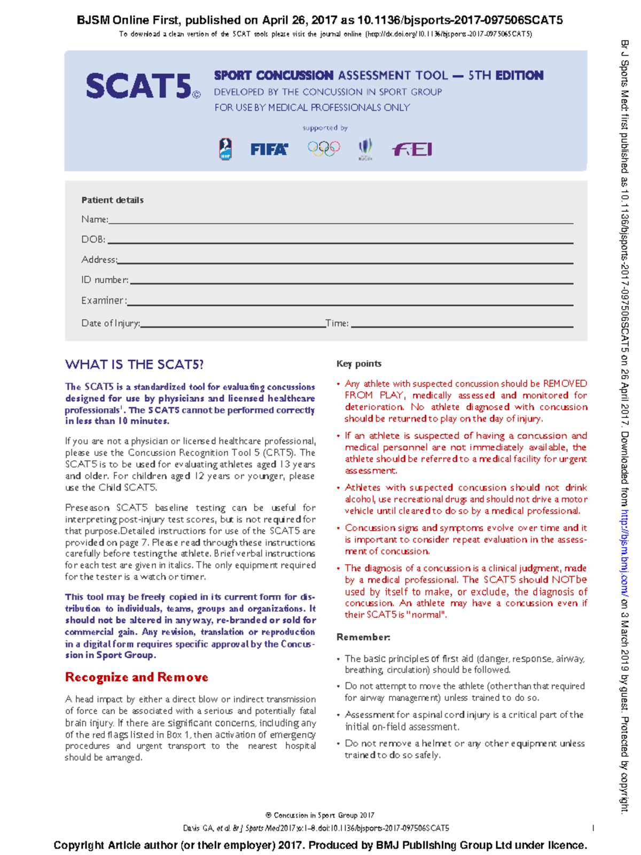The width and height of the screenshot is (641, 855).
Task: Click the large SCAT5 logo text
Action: [x=139, y=86]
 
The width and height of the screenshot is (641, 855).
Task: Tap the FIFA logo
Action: [x=269, y=149]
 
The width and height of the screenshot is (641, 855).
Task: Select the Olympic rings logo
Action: [x=324, y=148]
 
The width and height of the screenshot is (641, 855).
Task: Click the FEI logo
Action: [x=412, y=149]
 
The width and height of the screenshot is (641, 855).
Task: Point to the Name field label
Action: [x=95, y=219]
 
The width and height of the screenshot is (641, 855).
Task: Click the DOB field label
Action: [x=93, y=239]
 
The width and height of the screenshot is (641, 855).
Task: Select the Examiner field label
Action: [x=104, y=300]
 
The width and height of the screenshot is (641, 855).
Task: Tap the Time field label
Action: [x=337, y=323]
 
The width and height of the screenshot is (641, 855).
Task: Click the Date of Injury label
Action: [x=110, y=323]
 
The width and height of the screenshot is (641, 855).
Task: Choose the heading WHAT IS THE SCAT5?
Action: [x=134, y=364]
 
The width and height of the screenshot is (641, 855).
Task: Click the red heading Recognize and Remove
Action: [x=136, y=677]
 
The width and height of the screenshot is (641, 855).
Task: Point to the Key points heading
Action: [x=358, y=363]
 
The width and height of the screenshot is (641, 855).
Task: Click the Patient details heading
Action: [x=112, y=200]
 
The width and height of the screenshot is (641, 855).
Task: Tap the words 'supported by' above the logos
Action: [x=325, y=128]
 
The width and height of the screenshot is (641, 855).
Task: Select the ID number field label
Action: [x=105, y=279]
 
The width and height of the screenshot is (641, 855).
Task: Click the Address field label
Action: [x=99, y=260]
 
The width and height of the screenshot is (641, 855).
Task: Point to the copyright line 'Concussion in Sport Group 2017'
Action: [x=320, y=815]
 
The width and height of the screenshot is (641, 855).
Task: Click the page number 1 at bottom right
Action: [x=593, y=828]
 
